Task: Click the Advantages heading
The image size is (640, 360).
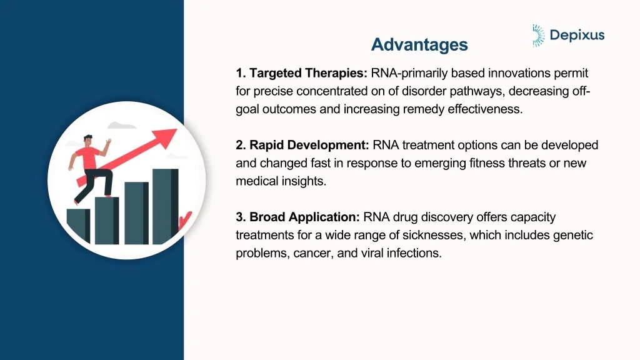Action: [419, 45]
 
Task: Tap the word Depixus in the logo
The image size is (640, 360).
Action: [577, 35]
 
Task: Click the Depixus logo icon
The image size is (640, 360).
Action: [538, 36]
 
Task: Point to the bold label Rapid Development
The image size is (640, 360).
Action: [303, 146]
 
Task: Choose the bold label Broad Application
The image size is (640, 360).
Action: [298, 217]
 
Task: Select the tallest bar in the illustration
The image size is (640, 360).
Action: [165, 206]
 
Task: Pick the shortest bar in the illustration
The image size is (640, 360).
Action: [78, 226]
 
